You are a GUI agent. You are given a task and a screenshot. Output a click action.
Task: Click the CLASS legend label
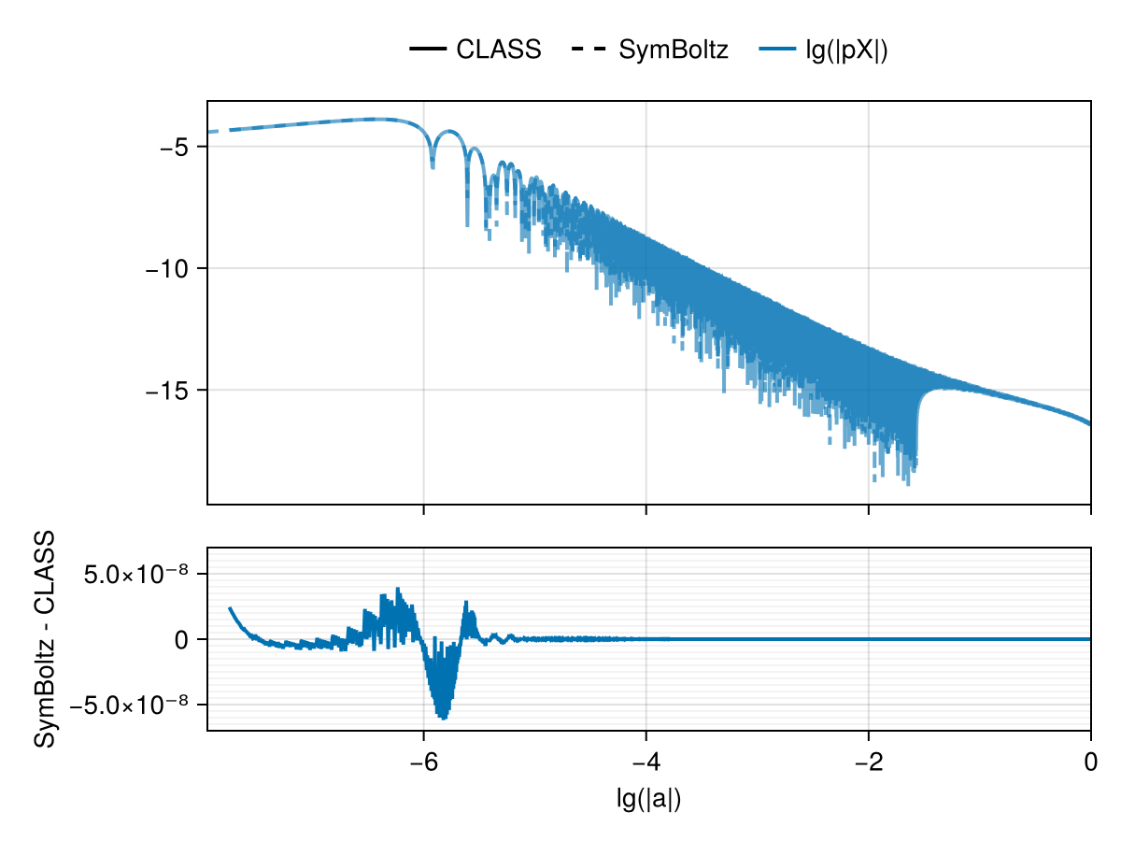(498, 50)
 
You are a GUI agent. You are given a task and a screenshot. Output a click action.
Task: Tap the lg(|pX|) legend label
(846, 50)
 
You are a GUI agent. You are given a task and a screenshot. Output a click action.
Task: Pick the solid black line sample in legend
(427, 50)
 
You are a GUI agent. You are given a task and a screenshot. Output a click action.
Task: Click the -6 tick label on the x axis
(424, 761)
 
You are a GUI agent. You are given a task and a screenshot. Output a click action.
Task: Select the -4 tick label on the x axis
(646, 761)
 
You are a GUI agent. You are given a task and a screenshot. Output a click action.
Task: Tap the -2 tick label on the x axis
(869, 761)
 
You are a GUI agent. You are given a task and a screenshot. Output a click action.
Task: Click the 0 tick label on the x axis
(1090, 761)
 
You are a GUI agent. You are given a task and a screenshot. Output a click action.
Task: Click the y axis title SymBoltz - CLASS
(44, 639)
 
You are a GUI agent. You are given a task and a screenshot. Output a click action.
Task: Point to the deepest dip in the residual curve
(443, 718)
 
